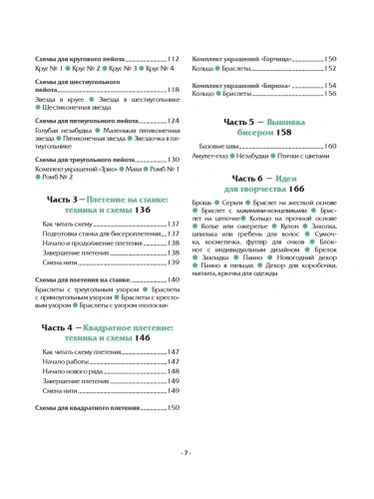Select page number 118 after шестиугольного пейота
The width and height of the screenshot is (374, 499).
[x=174, y=90]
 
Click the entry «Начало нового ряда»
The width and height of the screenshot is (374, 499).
[x=71, y=371]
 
